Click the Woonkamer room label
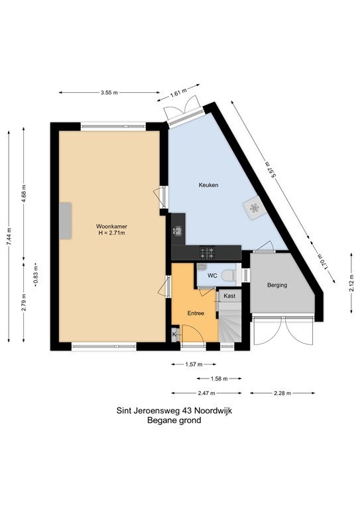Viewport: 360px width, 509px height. click(111, 226)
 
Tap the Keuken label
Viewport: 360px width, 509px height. click(208, 185)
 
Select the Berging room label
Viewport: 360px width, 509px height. click(277, 285)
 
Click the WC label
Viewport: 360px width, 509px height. click(212, 274)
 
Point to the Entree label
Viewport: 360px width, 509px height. click(195, 312)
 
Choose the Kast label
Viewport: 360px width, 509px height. click(229, 296)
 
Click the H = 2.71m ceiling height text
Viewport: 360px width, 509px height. click(111, 233)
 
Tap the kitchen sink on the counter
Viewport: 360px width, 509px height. click(178, 231)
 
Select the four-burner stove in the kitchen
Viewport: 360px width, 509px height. click(207, 252)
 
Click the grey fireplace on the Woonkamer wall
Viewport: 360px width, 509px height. click(66, 221)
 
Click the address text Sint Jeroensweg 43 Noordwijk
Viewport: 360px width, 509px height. click(180, 411)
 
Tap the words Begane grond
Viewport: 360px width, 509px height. click(180, 421)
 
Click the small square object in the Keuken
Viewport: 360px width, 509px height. click(255, 209)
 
